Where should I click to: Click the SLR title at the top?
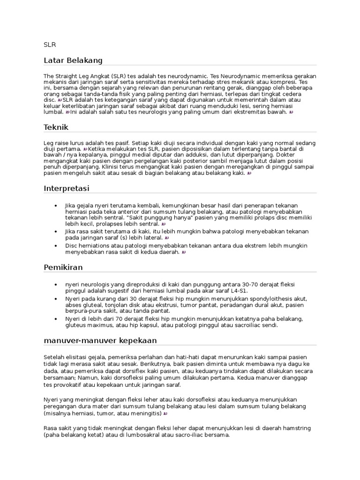50,45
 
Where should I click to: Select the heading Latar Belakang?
73,60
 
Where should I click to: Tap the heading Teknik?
56,127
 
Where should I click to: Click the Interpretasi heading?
67,188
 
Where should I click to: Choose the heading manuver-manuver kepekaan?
100,340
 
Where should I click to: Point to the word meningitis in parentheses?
144,414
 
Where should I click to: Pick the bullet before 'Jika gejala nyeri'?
56,206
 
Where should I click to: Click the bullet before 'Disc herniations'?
56,246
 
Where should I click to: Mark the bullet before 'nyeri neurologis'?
56,285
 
